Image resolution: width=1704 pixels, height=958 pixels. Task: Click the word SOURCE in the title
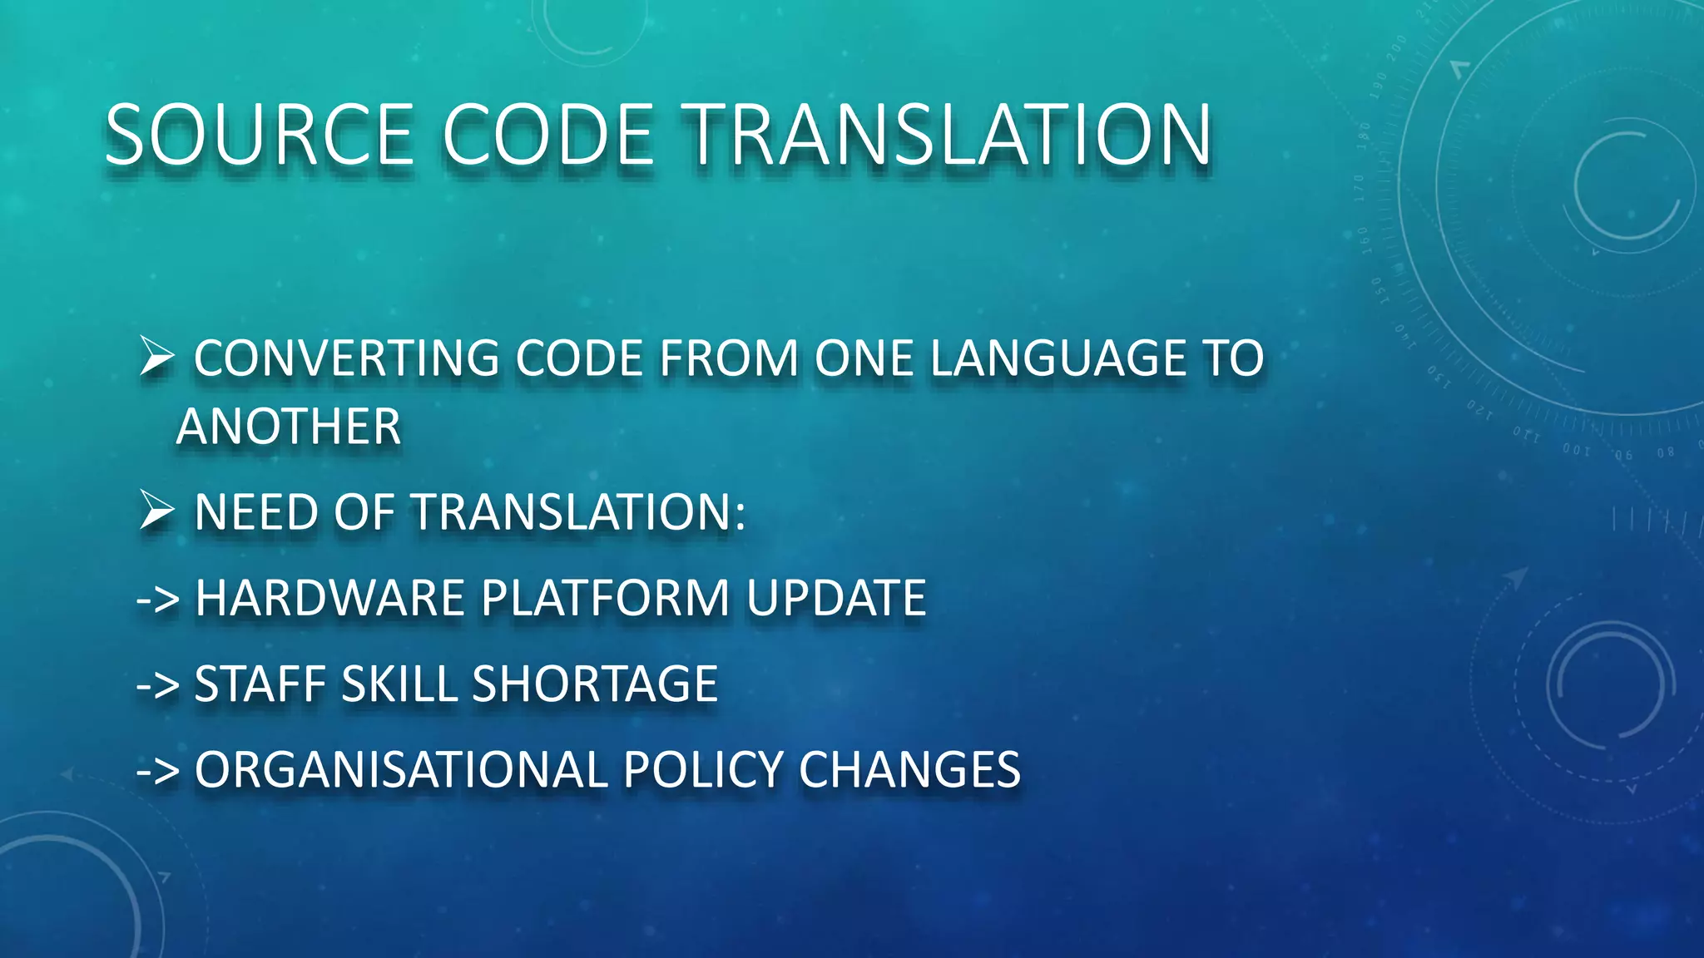[x=259, y=135]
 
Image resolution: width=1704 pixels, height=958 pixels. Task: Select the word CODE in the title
[x=548, y=135]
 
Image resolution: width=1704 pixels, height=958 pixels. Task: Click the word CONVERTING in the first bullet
[x=346, y=358]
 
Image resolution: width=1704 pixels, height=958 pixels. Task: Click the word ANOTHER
[x=289, y=427]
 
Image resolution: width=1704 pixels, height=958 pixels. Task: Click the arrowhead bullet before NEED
[x=156, y=510]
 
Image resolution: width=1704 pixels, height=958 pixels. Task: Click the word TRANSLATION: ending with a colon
[x=580, y=512]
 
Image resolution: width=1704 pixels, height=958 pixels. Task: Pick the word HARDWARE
[x=329, y=598]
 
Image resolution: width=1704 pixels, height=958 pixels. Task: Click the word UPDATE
[x=835, y=598]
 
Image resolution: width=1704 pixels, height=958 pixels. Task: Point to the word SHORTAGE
[x=594, y=684]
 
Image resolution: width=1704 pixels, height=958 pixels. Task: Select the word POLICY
[x=703, y=770]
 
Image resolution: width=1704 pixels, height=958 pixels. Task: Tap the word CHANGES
[x=909, y=770]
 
